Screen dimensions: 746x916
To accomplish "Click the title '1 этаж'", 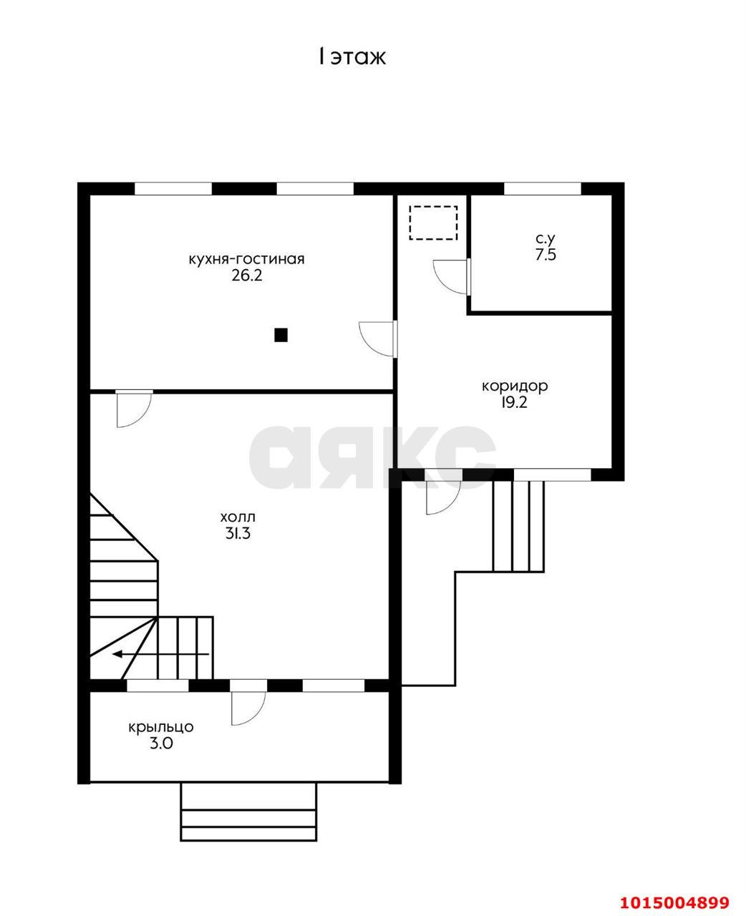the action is point(352,57).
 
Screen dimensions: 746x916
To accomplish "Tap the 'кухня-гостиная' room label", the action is point(246,259).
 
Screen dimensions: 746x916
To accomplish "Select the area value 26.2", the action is point(246,276).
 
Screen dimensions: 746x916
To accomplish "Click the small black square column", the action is point(281,335).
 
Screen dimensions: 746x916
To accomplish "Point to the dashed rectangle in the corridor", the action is point(433,223).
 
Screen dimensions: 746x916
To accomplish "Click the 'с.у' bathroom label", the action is point(546,238).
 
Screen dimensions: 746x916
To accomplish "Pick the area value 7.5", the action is point(546,255).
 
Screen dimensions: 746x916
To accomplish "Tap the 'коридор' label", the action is point(515,386).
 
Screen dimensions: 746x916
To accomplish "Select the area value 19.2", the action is point(513,402).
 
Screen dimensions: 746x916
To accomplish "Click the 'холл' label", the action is point(238,517).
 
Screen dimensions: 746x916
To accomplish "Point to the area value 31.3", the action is point(238,533).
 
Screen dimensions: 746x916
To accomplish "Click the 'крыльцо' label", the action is point(161,727).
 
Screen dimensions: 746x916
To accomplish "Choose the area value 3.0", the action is point(161,743).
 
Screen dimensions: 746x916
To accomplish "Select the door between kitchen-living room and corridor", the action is point(377,338).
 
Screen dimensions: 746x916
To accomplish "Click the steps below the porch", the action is point(248,814).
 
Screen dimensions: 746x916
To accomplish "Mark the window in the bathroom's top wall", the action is point(542,188).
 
